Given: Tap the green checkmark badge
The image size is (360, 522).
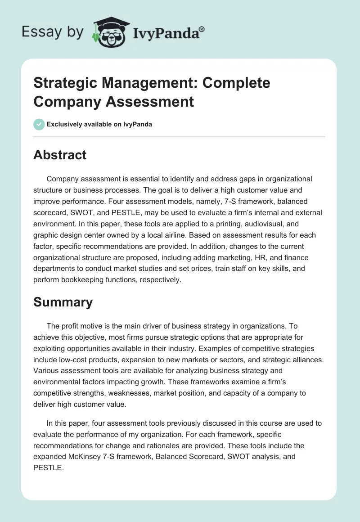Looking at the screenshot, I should (39, 124).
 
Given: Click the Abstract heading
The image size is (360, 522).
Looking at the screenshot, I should (60, 155).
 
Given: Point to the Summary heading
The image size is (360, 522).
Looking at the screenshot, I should (63, 302).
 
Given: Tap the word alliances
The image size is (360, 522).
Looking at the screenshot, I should (304, 360).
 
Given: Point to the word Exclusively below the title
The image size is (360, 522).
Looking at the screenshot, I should (68, 124).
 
